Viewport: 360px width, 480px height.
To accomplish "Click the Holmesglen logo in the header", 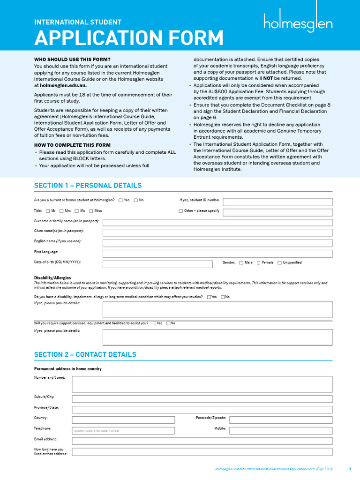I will (298, 22).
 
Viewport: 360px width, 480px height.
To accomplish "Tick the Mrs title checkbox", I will (61, 211).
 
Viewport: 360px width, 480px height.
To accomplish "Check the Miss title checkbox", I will (91, 211).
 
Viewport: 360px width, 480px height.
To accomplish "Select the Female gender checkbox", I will (258, 263).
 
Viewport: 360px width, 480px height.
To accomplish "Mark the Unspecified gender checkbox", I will (280, 263).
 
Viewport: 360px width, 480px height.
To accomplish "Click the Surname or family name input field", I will (217, 222).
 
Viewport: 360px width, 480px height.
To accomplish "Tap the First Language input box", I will (217, 254).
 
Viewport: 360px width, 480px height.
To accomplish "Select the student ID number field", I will (277, 202).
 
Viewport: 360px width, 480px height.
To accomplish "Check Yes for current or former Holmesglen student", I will (120, 200).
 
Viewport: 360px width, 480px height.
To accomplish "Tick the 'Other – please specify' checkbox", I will (181, 211).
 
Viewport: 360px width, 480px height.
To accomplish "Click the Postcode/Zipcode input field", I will (281, 420).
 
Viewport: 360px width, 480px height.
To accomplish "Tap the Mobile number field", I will (281, 430).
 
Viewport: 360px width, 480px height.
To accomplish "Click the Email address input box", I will (202, 441).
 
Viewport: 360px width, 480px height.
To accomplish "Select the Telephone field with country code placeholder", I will (123, 430).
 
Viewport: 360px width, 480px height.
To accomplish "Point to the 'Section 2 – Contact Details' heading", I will (85, 354).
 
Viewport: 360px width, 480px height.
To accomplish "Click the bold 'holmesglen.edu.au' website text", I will (63, 86).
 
